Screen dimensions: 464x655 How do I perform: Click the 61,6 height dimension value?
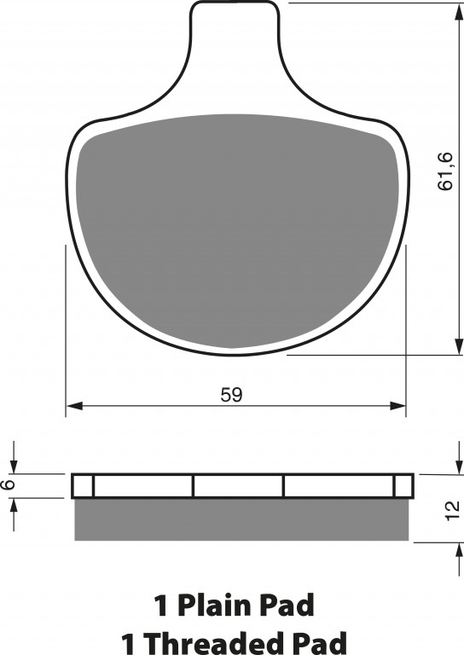click(445, 171)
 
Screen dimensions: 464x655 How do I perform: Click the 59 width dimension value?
click(231, 395)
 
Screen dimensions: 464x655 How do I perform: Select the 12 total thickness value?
click(452, 511)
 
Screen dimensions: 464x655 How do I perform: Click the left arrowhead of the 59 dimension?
click(74, 405)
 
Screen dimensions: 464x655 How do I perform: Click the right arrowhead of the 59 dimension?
click(397, 405)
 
